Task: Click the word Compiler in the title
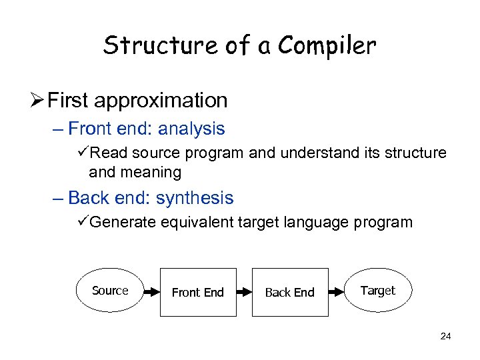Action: tap(327, 45)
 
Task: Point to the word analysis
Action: tap(191, 128)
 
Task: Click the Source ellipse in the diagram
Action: tap(111, 291)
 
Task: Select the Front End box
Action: tap(198, 292)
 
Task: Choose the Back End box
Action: tap(290, 292)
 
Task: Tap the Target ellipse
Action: tap(378, 291)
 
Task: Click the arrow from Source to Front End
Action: tap(153, 292)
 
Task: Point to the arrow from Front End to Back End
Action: tap(244, 292)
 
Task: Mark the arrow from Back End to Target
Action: tap(337, 292)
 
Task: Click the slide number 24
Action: tap(446, 337)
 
